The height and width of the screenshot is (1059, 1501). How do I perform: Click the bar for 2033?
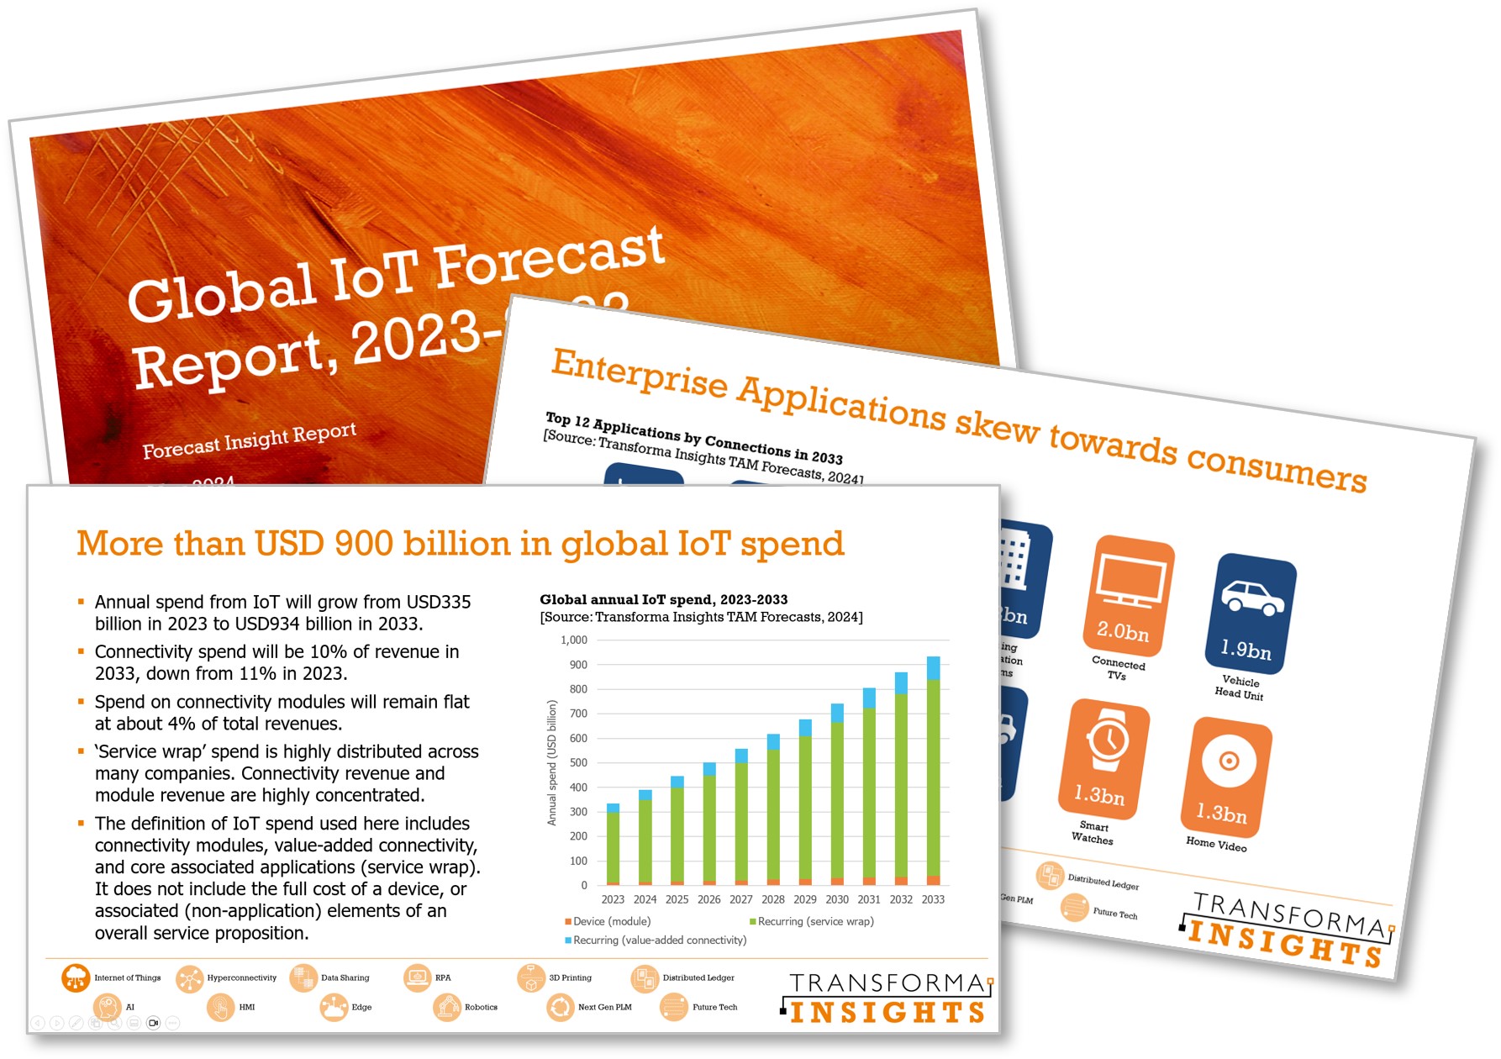(933, 773)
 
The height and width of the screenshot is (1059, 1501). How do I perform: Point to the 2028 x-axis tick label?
(773, 899)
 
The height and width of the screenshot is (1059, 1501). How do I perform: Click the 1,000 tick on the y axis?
(574, 640)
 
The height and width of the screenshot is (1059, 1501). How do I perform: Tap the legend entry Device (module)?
(611, 921)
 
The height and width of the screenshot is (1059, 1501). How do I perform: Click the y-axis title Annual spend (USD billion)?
(552, 762)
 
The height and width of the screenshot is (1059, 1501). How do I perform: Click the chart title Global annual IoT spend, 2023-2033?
(663, 599)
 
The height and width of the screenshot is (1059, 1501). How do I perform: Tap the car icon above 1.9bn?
(1252, 597)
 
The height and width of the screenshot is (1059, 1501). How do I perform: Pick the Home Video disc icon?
(1229, 761)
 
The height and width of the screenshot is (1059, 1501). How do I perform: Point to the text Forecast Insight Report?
(249, 440)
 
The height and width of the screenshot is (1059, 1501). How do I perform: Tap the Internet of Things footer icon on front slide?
(76, 977)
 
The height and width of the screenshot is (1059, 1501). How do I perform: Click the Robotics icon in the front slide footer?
(446, 1007)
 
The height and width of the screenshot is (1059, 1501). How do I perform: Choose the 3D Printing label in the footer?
(570, 977)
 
